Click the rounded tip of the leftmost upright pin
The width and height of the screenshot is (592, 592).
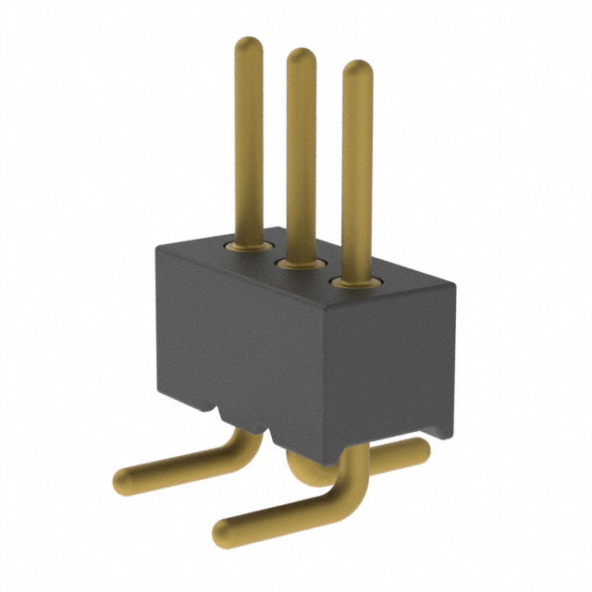tap(249, 43)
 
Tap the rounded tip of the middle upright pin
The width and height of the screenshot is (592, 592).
tap(302, 55)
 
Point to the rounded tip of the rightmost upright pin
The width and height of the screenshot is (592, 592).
tap(357, 68)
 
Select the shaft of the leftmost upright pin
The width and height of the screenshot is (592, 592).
tap(249, 139)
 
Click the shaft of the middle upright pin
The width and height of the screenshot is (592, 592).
tap(302, 157)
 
